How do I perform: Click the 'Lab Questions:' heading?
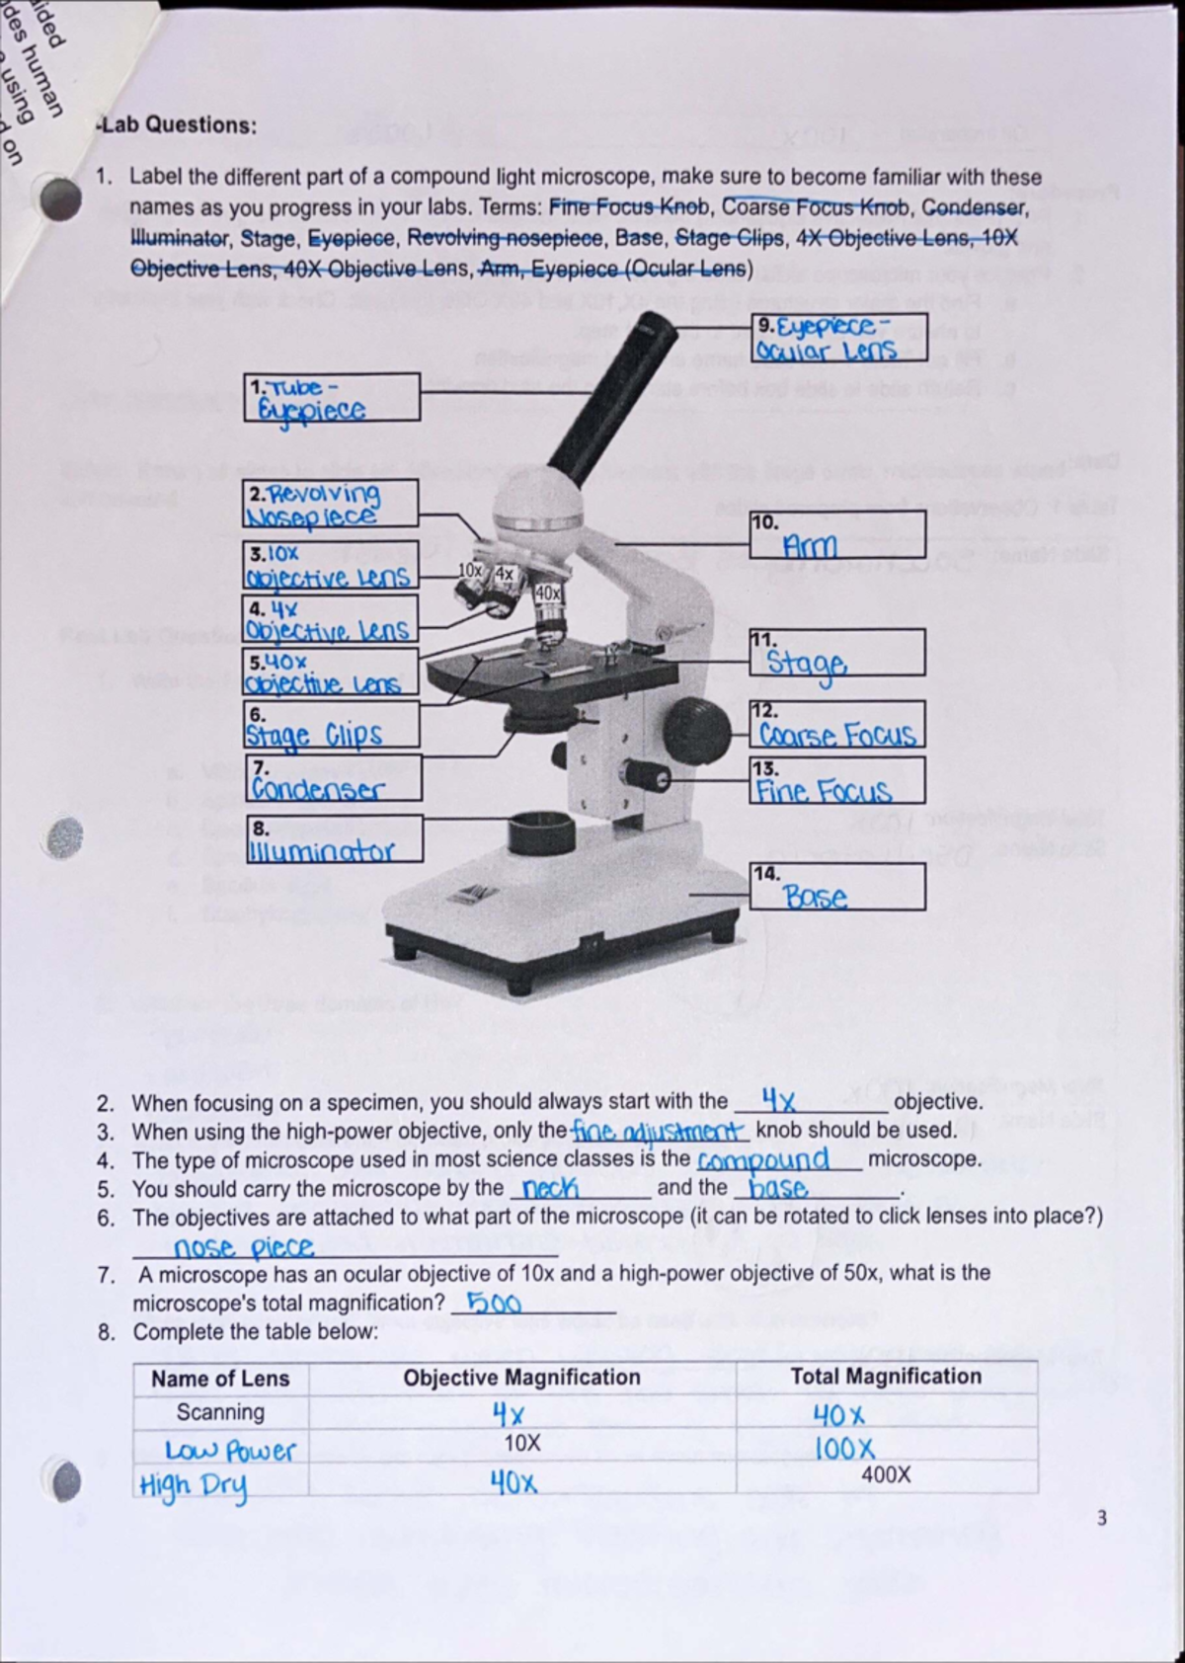(177, 125)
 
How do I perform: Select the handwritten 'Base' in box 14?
(816, 897)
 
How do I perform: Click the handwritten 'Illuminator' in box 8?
(322, 850)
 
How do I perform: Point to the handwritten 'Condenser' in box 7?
(318, 789)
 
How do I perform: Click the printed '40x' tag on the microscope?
(547, 594)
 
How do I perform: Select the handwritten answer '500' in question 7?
(493, 1303)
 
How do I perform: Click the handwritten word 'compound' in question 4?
(762, 1158)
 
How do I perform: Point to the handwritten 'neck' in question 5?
(550, 1188)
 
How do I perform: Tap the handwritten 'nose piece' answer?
(244, 1248)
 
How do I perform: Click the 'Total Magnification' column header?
(886, 1376)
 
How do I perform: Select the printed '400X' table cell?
(886, 1474)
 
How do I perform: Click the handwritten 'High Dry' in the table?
(194, 1485)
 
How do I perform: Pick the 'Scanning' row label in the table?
(220, 1412)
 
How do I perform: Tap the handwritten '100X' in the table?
(844, 1449)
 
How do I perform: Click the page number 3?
(1102, 1518)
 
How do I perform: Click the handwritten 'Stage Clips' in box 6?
(314, 735)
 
